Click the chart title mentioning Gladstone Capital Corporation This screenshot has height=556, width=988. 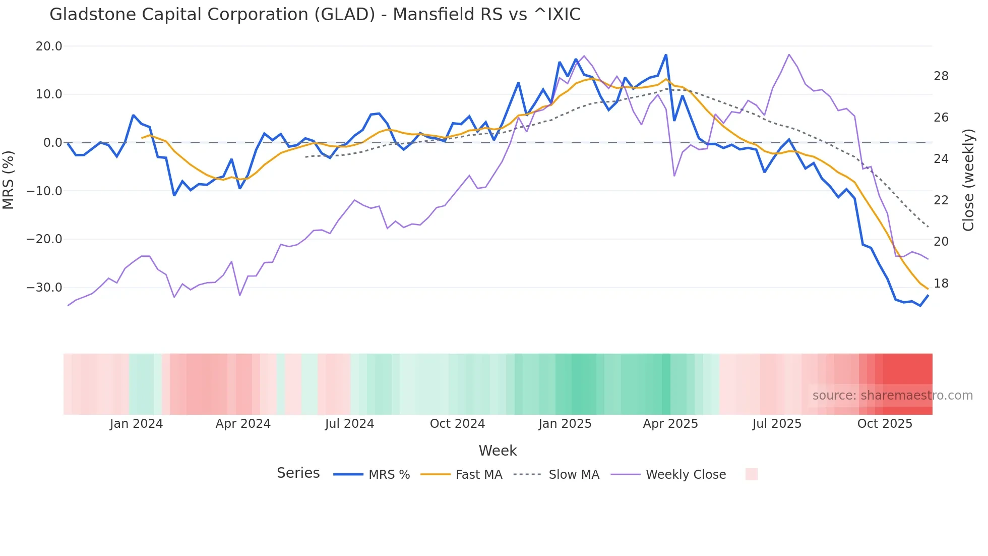pyautogui.click(x=315, y=15)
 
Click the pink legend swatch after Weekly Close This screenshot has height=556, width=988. pyautogui.click(x=751, y=474)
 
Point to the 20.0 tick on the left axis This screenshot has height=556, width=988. pyautogui.click(x=49, y=46)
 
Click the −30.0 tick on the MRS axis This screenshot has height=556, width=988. pyautogui.click(x=44, y=288)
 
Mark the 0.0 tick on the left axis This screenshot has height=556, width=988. pyautogui.click(x=52, y=143)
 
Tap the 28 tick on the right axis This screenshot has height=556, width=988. pyautogui.click(x=941, y=76)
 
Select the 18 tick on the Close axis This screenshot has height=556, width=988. pyautogui.click(x=941, y=284)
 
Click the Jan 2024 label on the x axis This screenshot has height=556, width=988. pyautogui.click(x=136, y=424)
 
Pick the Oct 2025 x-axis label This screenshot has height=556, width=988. pyautogui.click(x=885, y=424)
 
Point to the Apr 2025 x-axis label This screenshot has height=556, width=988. pyautogui.click(x=670, y=424)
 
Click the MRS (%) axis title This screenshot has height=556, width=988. pyautogui.click(x=9, y=180)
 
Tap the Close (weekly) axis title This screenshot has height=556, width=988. pyautogui.click(x=968, y=180)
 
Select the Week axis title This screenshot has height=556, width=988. pyautogui.click(x=498, y=451)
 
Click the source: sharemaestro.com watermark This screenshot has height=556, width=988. pyautogui.click(x=892, y=396)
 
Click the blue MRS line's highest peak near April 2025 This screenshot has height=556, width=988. pyautogui.click(x=666, y=55)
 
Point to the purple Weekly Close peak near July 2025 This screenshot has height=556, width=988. pyautogui.click(x=789, y=54)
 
